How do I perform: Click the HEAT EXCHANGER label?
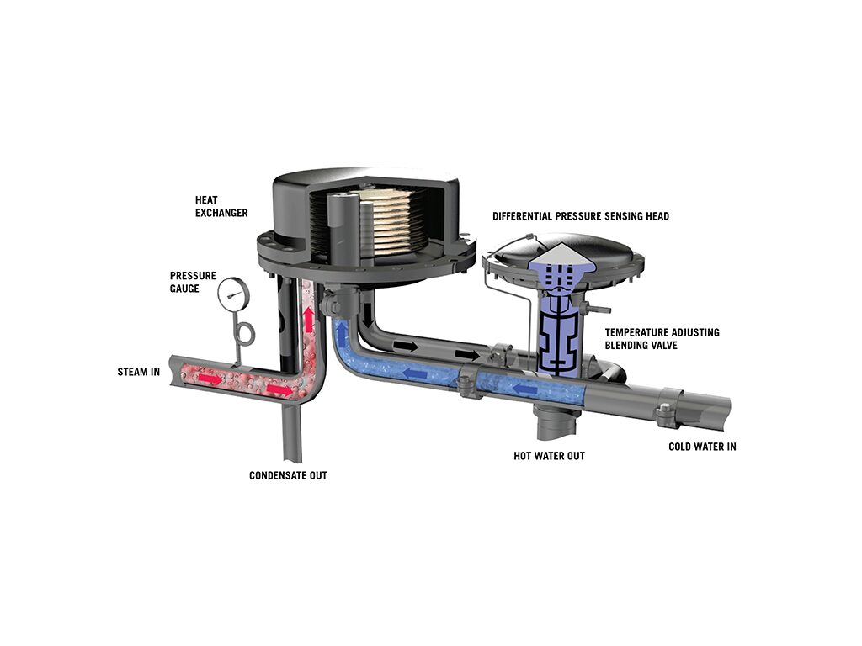(221, 207)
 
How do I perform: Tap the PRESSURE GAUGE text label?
(193, 282)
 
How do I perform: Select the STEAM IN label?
(139, 372)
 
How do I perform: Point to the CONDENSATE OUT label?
(288, 475)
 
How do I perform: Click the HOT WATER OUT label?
(549, 456)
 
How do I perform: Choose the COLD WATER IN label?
(702, 447)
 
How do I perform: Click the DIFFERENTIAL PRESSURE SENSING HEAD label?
(581, 216)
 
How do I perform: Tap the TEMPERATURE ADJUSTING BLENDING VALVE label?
(662, 338)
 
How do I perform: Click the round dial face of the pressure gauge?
(234, 294)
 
